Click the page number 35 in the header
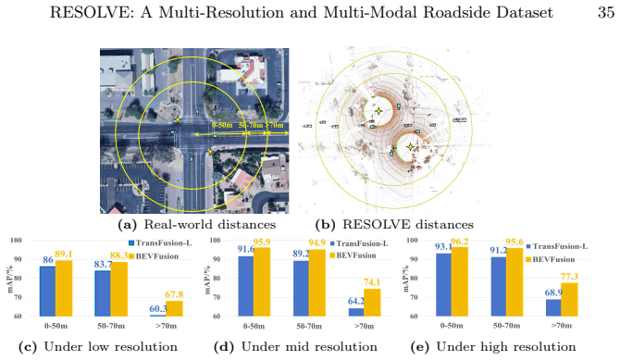606,13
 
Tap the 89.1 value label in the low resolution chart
64,254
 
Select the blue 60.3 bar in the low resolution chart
47,316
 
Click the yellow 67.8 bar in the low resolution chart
174,308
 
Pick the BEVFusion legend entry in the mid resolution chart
353,255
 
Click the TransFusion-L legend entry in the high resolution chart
557,246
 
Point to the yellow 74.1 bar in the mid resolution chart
372,303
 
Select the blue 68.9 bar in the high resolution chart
553,308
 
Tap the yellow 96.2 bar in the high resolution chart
460,281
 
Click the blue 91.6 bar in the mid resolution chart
245,286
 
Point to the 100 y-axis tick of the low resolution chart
17,240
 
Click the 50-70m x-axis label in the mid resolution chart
309,327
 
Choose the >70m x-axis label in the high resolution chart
562,326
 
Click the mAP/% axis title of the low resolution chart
9,279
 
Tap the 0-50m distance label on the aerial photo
222,125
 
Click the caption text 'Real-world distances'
209,225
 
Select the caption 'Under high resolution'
506,347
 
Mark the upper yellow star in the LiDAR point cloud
378,111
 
